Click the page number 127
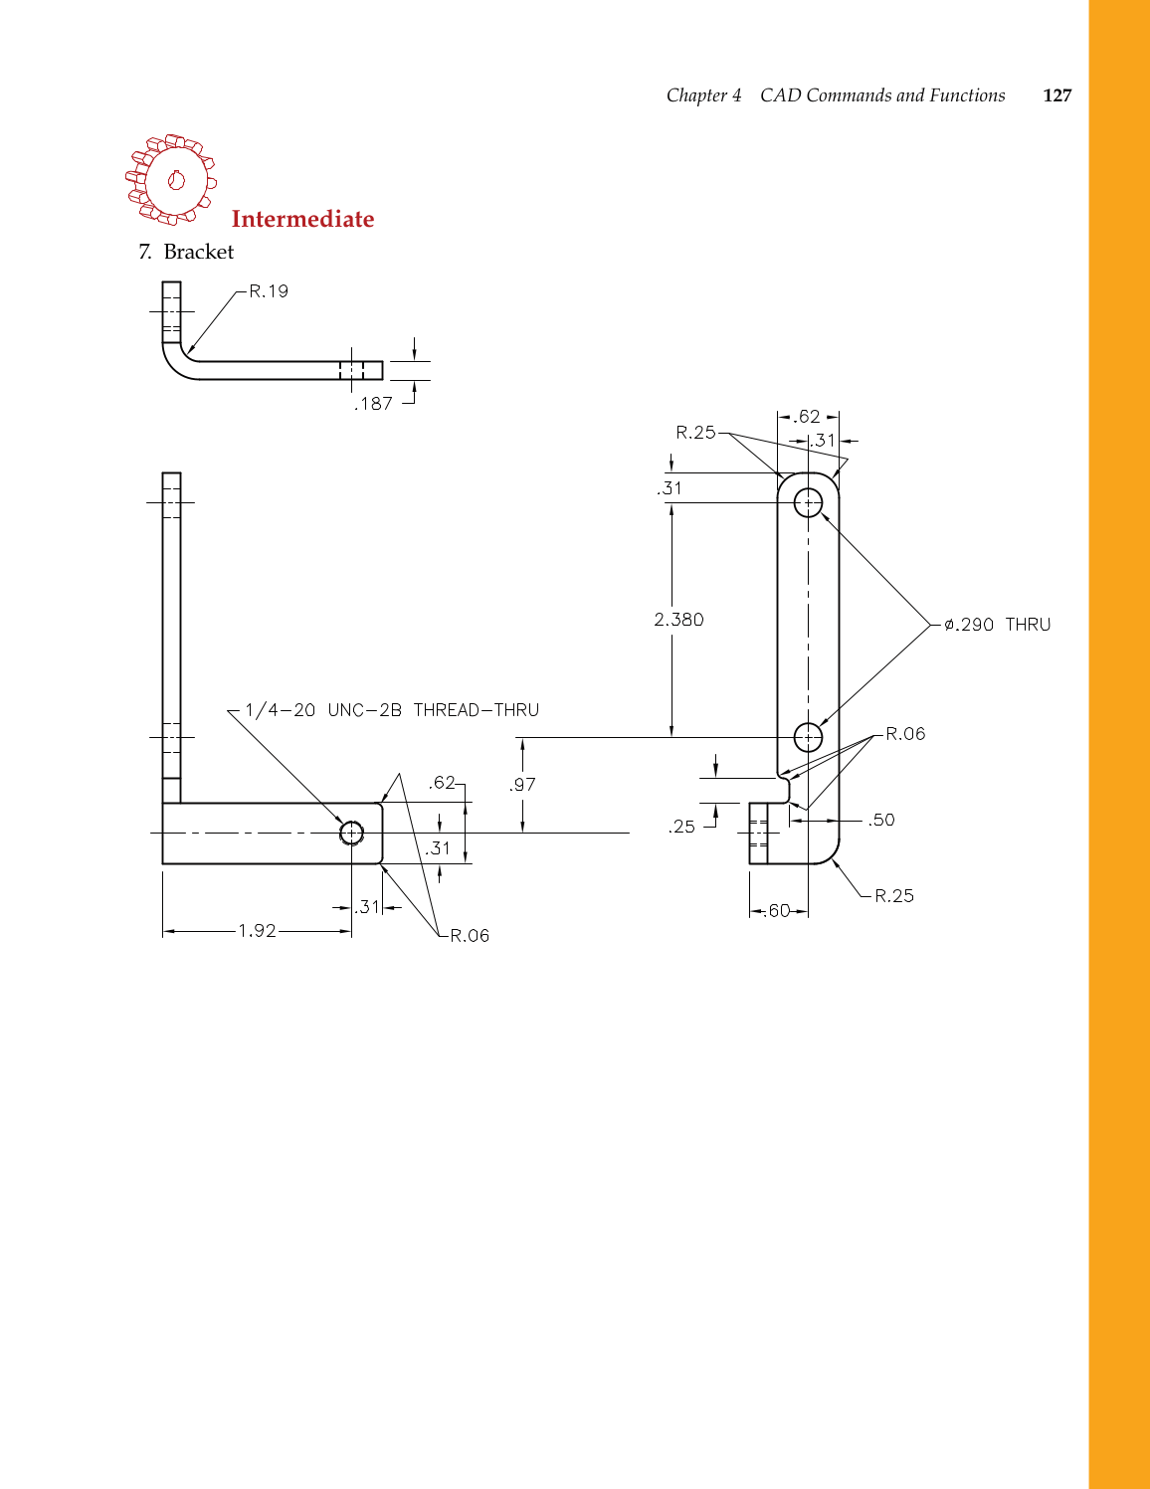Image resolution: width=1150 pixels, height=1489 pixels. (1056, 95)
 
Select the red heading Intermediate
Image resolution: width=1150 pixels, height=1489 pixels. (302, 219)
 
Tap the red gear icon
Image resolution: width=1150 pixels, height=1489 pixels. (171, 179)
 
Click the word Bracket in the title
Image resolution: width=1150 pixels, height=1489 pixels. (199, 252)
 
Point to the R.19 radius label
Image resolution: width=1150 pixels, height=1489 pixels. (269, 291)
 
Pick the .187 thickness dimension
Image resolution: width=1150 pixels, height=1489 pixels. (374, 404)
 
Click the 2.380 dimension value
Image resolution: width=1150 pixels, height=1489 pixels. (678, 620)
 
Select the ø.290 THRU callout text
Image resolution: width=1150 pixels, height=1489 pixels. (997, 625)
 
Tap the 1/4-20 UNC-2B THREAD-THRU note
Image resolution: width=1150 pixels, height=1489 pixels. (392, 710)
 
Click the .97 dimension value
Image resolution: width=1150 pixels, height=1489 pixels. (522, 785)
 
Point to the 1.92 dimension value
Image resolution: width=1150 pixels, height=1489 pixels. (257, 931)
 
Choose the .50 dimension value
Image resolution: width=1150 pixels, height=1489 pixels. (881, 821)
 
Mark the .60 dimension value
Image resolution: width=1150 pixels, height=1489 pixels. (778, 911)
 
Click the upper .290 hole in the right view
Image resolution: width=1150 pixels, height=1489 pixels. (809, 502)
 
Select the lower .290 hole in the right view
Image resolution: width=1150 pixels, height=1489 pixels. (809, 737)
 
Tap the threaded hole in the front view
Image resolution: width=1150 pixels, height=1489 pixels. (351, 833)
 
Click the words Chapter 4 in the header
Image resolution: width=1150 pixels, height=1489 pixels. (703, 95)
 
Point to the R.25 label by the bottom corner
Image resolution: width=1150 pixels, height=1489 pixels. (894, 896)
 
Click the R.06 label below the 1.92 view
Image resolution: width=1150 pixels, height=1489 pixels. (470, 936)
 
